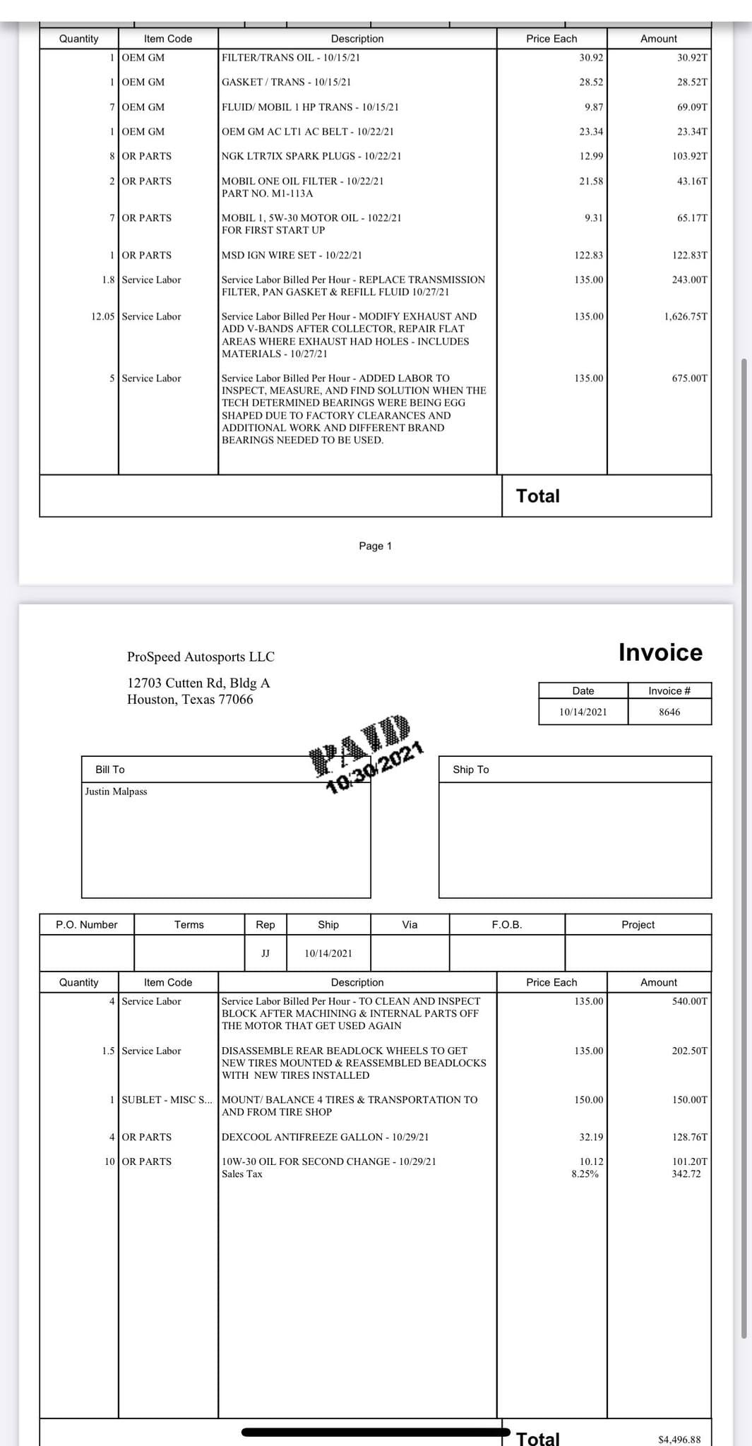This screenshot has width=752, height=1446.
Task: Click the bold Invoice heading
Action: pos(660,652)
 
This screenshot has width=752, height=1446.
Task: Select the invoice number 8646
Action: pos(669,712)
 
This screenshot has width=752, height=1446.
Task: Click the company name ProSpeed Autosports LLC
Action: pos(201,657)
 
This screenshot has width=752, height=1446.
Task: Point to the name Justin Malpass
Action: pos(116,791)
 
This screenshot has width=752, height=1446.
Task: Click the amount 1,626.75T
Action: pos(686,316)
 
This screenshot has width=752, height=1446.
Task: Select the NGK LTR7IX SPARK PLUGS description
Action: pos(311,156)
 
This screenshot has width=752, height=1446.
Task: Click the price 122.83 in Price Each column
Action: pos(589,255)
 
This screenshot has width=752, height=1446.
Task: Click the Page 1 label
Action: pos(375,546)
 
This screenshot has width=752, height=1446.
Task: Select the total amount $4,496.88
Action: pos(679,1439)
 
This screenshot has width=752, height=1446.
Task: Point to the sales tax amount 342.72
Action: pos(686,1173)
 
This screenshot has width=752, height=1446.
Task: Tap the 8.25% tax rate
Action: pos(585,1173)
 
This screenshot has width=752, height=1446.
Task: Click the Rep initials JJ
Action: pos(265,953)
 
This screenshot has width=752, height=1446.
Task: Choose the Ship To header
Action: pos(471,770)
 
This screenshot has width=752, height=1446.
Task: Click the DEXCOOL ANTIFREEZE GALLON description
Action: pos(325,1137)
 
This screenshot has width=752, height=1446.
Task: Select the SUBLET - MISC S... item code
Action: pos(167,1099)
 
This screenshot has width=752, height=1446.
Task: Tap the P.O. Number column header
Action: pos(87,924)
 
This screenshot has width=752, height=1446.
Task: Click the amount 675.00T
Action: pos(689,378)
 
